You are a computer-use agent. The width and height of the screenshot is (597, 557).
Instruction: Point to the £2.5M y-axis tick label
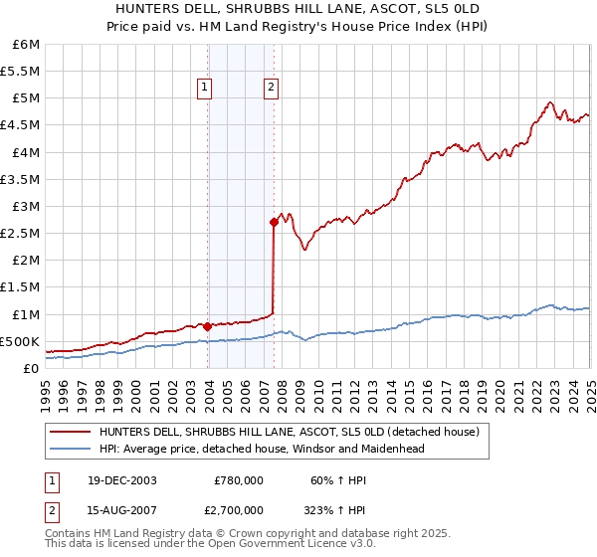pos(20,233)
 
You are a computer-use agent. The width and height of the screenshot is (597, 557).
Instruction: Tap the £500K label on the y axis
pos(20,341)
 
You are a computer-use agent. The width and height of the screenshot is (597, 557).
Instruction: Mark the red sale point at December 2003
pos(207,325)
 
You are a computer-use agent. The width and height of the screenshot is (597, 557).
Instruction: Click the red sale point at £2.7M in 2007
pos(274,222)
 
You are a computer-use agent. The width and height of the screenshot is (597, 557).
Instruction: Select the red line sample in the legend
pos(71,432)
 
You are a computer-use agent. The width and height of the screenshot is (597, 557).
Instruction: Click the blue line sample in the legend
pos(71,449)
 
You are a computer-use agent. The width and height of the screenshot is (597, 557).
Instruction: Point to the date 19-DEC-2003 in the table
pos(119,479)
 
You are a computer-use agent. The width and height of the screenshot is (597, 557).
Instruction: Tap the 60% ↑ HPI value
pos(325,479)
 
